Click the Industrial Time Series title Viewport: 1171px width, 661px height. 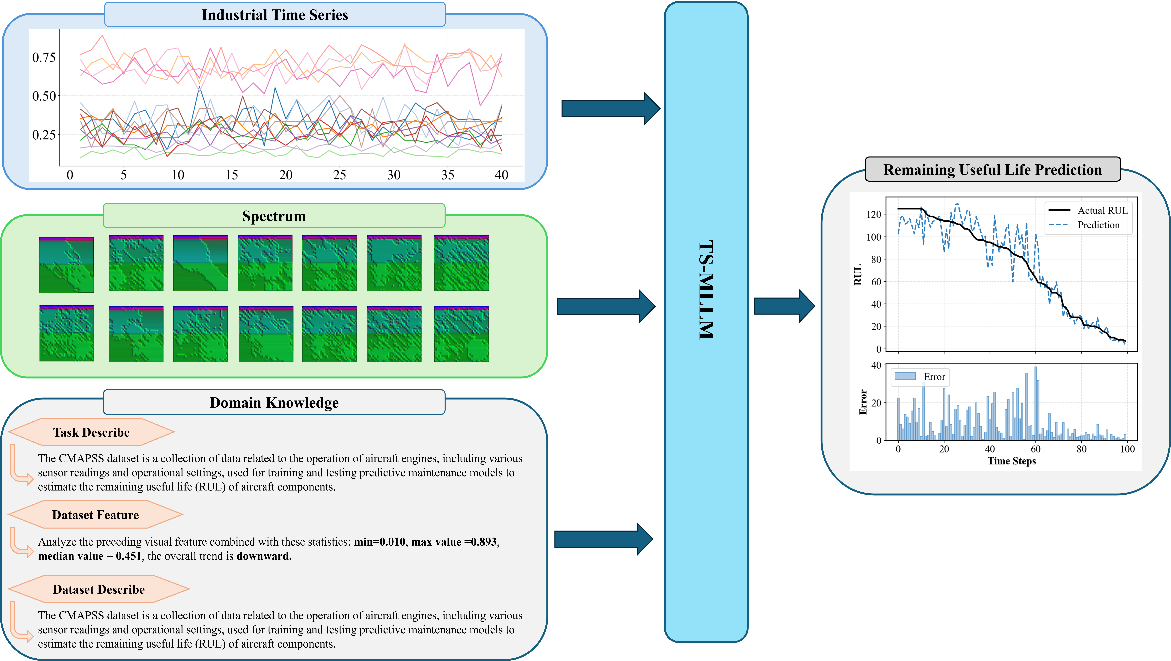[275, 15]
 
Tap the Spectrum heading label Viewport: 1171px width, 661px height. [274, 216]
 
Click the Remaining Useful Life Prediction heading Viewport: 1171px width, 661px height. [992, 170]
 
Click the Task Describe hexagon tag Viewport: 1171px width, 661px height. [91, 432]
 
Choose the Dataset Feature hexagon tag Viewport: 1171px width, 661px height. [95, 515]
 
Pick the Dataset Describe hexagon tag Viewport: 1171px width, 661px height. [99, 590]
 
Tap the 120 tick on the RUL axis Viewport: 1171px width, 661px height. [873, 214]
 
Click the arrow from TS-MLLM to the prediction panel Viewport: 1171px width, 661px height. [784, 306]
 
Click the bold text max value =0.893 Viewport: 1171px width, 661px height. [455, 542]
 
